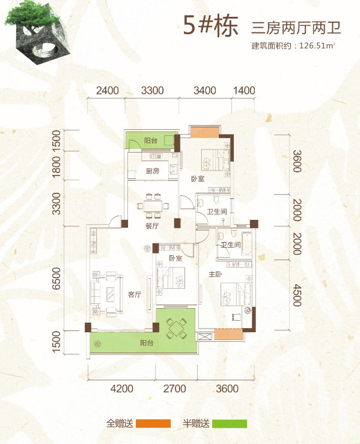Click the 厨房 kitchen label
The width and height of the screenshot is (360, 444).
tap(153, 171)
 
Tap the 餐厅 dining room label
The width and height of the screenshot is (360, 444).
tap(152, 226)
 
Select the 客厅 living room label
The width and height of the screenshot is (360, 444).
tap(135, 294)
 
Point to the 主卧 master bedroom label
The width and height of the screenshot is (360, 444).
tap(215, 274)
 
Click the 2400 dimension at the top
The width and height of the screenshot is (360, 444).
tap(108, 91)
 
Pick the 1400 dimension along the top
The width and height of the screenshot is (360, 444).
tap(244, 91)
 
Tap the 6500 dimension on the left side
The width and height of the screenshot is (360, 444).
tap(56, 278)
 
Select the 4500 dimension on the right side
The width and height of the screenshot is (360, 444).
tap(296, 296)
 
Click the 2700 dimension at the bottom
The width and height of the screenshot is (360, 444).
tap(174, 389)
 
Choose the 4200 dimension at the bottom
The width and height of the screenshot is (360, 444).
tap(122, 389)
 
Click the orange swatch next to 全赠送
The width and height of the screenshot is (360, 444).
tap(153, 424)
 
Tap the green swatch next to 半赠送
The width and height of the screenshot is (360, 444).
tap(230, 424)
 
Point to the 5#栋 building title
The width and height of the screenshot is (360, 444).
tap(210, 25)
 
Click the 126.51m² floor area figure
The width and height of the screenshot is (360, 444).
tap(317, 45)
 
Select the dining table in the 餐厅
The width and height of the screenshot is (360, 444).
tap(153, 205)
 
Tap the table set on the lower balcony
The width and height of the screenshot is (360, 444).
tap(176, 328)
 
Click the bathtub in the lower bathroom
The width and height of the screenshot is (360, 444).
tap(246, 243)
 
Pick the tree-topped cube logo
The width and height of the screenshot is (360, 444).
tap(37, 32)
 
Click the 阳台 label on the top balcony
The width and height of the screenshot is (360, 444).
tap(150, 141)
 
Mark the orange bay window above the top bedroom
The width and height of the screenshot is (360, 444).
tap(205, 133)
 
